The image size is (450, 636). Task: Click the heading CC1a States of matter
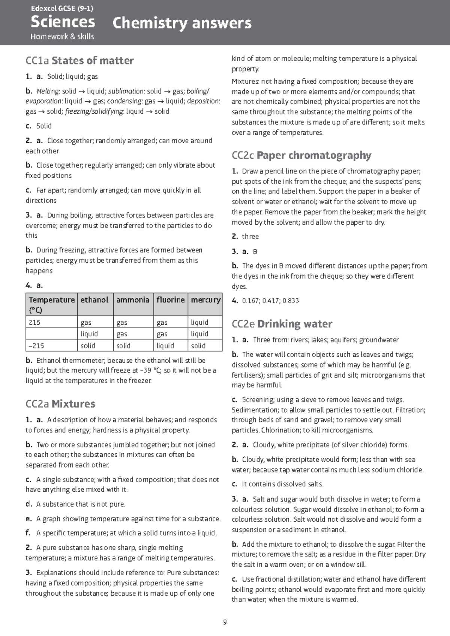coord(79,60)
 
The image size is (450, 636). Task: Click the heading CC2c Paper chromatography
coord(301,155)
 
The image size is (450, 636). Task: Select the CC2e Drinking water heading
coord(282,324)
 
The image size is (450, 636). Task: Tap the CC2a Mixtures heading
coord(60,404)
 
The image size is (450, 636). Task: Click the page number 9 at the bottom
coord(225,622)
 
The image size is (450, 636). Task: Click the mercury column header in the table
coord(205,300)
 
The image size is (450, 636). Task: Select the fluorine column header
coord(171,300)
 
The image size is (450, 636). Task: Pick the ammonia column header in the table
coord(133,300)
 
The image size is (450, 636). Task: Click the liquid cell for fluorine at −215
coord(165,346)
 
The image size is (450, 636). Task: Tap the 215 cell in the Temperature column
coord(34,322)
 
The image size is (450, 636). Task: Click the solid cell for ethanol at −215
coord(88,346)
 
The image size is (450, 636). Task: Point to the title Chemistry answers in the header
coord(182,23)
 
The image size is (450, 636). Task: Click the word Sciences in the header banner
coord(63,22)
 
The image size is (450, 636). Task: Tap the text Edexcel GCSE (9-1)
coord(62,8)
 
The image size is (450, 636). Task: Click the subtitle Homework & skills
coord(62,36)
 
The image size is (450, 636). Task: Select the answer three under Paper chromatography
coord(250,237)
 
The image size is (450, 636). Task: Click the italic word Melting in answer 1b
coord(48,91)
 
